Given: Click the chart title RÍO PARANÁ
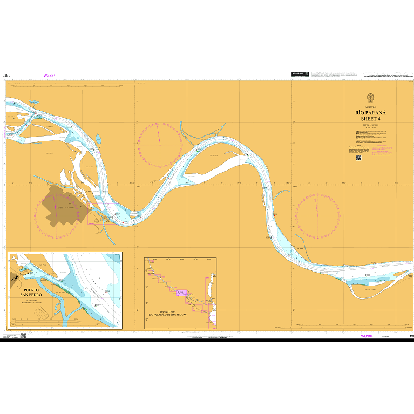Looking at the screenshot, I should (x=370, y=113).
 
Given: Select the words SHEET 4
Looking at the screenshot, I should (x=370, y=119).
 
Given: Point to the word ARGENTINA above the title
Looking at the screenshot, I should (x=370, y=107).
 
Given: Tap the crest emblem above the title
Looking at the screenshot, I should (x=370, y=98).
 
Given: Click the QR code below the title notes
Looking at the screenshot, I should (x=358, y=158).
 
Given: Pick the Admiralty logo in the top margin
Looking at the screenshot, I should (x=300, y=73).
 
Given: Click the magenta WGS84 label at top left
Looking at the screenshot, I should (x=50, y=76).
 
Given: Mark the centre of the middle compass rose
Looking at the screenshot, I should (x=160, y=144).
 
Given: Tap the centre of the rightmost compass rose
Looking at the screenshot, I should (x=318, y=215).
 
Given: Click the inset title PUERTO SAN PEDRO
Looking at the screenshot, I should (x=31, y=293).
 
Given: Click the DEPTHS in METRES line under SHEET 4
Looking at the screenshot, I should (x=370, y=124).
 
